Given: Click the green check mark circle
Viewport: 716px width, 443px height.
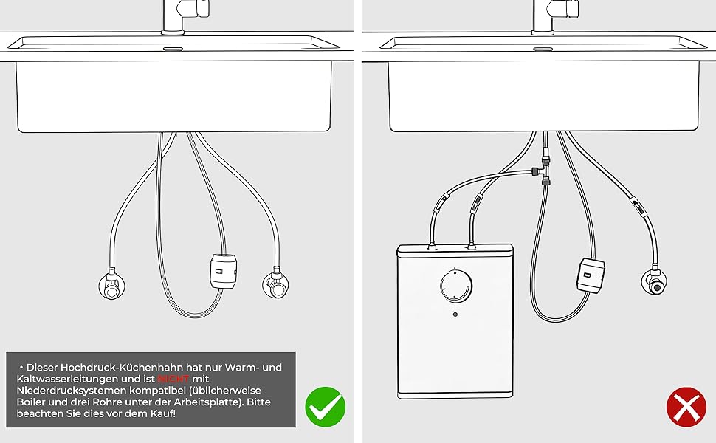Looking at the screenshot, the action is click(x=325, y=407).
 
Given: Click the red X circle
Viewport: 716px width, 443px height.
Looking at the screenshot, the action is click(x=686, y=407).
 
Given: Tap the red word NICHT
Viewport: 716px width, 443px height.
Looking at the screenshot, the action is click(x=173, y=379).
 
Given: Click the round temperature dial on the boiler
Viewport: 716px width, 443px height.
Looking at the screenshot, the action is click(x=455, y=286).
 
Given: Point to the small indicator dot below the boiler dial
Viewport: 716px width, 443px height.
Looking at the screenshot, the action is click(x=455, y=315).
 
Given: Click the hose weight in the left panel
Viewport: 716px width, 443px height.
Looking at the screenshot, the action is click(x=224, y=271).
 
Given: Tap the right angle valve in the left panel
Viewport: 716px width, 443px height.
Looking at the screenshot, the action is click(x=276, y=284).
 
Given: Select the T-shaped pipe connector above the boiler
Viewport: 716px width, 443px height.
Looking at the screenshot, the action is click(x=543, y=171).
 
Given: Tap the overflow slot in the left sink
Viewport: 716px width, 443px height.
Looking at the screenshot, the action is click(x=173, y=49).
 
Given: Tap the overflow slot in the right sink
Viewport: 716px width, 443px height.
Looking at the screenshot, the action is click(x=543, y=49).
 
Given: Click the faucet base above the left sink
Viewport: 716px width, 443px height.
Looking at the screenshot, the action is click(x=173, y=31).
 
